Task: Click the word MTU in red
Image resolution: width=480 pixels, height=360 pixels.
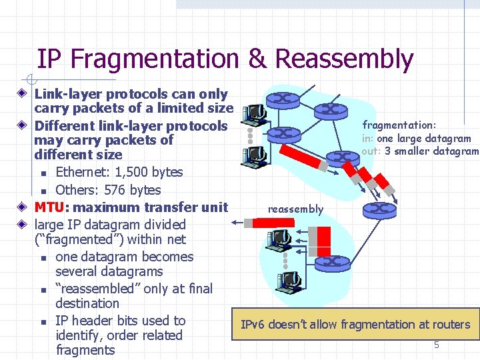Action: [x=50, y=207]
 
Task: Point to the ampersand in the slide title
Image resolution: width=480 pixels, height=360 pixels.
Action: [x=257, y=59]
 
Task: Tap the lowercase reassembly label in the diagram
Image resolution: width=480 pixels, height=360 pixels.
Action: [x=295, y=209]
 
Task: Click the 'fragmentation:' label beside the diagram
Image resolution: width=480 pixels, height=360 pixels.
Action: [x=399, y=125]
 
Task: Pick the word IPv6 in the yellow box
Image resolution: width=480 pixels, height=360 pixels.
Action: [x=253, y=325]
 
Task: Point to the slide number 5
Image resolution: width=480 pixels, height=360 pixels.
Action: [x=437, y=345]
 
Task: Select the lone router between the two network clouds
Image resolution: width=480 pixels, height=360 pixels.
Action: [x=379, y=209]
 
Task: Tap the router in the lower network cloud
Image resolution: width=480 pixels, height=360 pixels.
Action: [x=331, y=263]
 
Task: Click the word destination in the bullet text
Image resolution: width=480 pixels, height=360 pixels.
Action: [x=87, y=303]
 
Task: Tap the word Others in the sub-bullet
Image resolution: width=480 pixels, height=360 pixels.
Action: [x=75, y=190]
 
